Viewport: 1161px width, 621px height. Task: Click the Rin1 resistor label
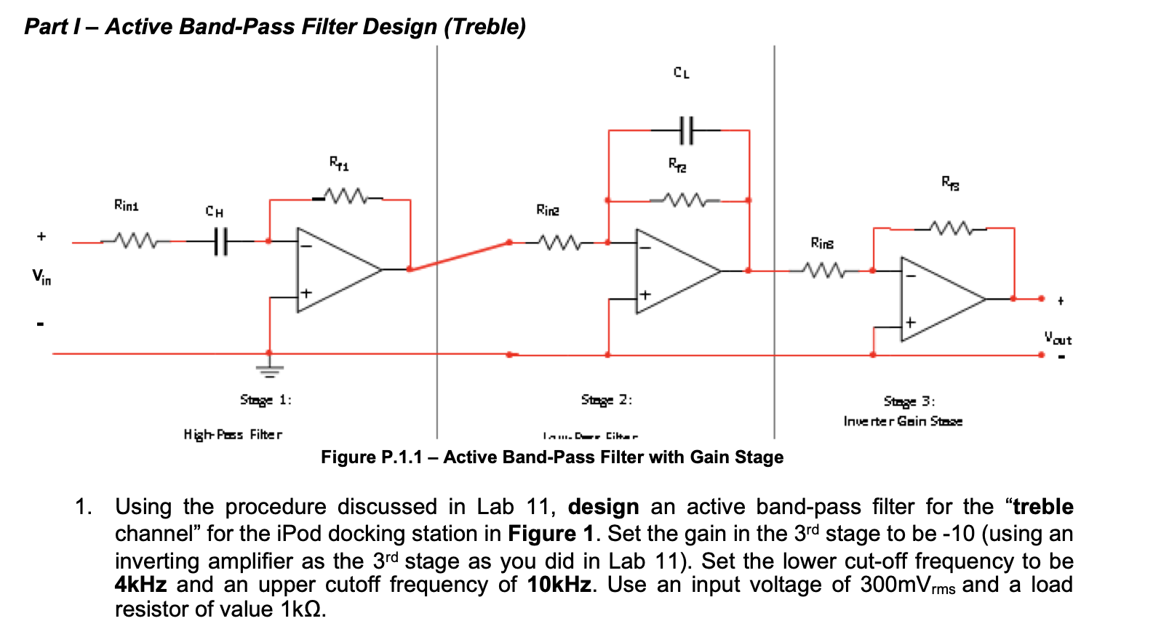[x=126, y=206]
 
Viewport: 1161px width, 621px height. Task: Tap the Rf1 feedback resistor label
[x=339, y=163]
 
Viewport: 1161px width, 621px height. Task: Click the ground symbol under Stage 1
[x=269, y=369]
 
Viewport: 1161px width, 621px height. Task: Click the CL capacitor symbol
[x=685, y=130]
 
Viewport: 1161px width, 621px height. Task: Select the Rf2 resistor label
[x=677, y=165]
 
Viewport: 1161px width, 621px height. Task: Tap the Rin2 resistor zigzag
[x=559, y=242]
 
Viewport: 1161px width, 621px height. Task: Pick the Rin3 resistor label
[x=822, y=243]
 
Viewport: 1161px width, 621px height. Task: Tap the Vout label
[x=1058, y=338]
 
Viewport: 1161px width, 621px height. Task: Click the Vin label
[x=41, y=276]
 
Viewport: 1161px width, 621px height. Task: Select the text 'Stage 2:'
[x=606, y=399]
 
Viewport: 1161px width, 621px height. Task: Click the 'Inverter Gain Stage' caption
[x=903, y=421]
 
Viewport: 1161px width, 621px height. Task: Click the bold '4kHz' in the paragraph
[x=140, y=585]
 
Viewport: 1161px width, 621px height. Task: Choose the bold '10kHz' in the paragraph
[x=559, y=585]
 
